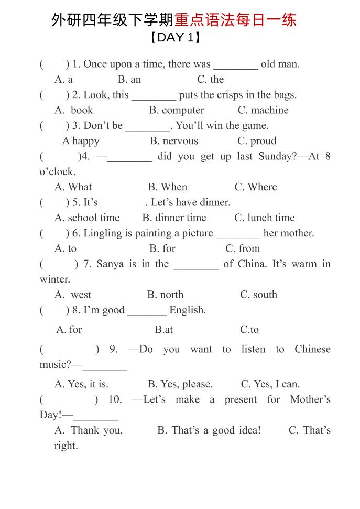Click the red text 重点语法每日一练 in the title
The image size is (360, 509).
click(235, 20)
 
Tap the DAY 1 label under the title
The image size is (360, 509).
click(175, 38)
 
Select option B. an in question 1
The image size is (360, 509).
click(129, 80)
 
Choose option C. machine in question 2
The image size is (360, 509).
click(263, 110)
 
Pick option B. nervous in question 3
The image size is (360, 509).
click(174, 141)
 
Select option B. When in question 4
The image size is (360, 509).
click(167, 187)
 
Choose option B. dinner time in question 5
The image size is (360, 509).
click(174, 218)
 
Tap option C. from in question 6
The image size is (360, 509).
click(243, 248)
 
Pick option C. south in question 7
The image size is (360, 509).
click(258, 295)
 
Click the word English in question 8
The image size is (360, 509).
click(188, 310)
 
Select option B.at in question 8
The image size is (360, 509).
click(163, 330)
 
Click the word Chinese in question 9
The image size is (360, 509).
click(312, 350)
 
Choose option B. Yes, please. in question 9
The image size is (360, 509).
click(180, 384)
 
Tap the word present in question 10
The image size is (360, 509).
click(241, 400)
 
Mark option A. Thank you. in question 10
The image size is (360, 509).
click(89, 430)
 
